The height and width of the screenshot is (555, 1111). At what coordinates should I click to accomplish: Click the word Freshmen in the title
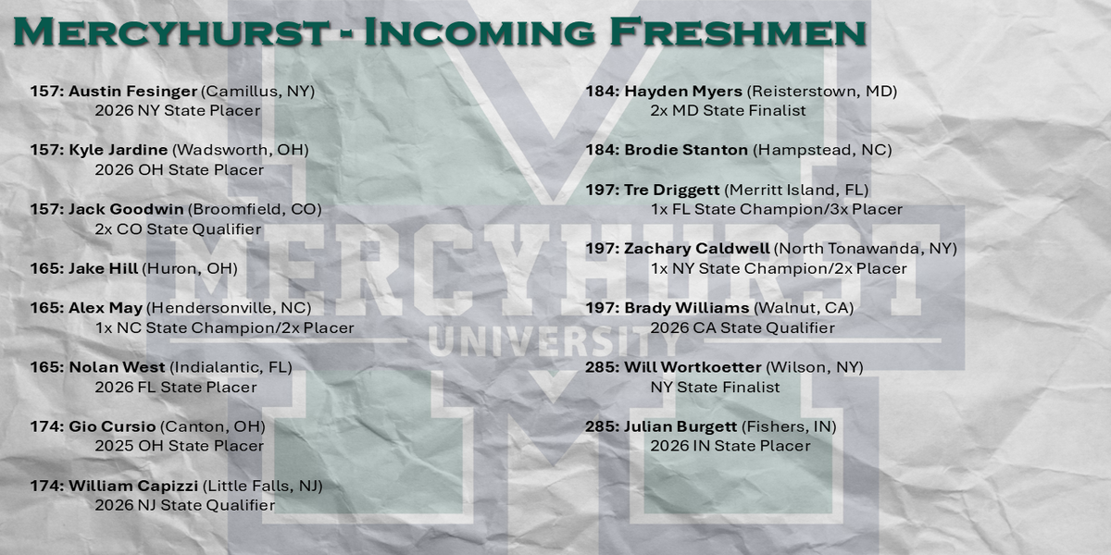[x=738, y=32]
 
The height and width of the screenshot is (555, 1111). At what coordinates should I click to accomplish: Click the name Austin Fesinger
[x=133, y=92]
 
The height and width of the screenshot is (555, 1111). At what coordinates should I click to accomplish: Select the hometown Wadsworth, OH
[x=241, y=150]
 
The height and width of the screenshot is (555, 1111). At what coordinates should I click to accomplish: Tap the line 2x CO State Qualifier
[x=178, y=229]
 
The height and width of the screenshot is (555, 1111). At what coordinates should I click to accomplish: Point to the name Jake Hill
[x=103, y=268]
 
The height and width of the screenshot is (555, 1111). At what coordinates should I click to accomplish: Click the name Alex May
[x=106, y=308]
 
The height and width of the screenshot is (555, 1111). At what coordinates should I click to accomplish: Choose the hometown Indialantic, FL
[x=231, y=368]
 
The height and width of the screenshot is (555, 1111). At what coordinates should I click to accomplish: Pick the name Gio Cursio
[x=112, y=426]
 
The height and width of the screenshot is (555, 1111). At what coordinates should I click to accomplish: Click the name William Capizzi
[x=133, y=487]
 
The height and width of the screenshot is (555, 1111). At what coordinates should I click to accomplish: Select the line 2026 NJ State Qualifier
[x=185, y=505]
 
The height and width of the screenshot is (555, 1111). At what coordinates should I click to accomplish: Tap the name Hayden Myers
[x=683, y=92]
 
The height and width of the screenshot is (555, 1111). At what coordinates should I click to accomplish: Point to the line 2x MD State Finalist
[x=728, y=110]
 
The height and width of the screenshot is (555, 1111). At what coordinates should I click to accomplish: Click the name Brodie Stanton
[x=686, y=150]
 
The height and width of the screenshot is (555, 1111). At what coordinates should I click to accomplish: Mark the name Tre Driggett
[x=672, y=191]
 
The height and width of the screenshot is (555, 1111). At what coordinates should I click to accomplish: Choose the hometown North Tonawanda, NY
[x=866, y=249]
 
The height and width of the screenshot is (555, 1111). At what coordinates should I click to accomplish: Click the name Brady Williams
[x=687, y=308]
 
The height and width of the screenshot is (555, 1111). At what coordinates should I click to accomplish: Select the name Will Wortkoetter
[x=693, y=368]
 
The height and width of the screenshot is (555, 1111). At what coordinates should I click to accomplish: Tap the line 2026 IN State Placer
[x=730, y=446]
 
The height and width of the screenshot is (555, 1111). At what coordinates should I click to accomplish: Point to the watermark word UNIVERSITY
[x=555, y=342]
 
